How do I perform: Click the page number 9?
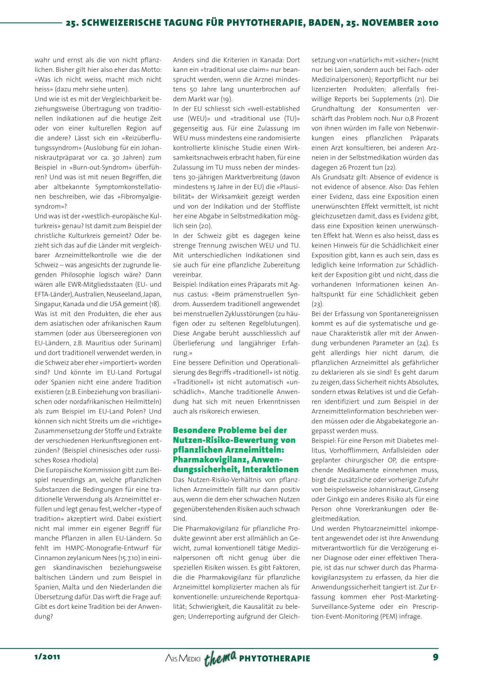coord(435,657)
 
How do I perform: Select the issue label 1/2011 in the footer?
coord(47,657)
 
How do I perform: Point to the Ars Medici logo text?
coord(183,658)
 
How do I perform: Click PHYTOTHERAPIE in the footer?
coord(275,659)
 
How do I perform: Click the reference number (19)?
coord(226,99)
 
